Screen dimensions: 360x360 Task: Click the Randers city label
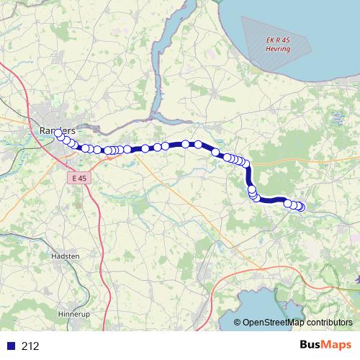(55, 130)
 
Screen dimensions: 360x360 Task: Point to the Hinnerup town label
(72, 315)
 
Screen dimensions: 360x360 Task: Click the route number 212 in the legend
(30, 346)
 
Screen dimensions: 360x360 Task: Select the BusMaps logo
(325, 345)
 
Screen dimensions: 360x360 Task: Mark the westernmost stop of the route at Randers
(58, 133)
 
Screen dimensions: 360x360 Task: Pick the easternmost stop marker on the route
(301, 207)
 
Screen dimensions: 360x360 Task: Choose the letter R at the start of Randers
(37, 130)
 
